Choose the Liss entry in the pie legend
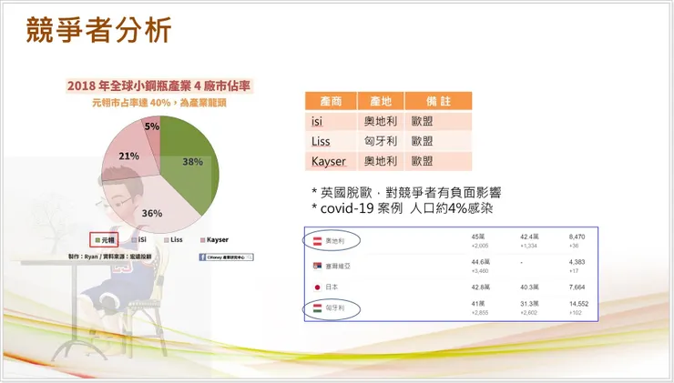click(x=175, y=240)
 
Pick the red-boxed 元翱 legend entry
click(x=106, y=240)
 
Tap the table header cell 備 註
click(x=437, y=101)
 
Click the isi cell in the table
click(x=319, y=121)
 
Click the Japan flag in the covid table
click(x=317, y=287)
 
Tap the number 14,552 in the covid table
click(x=579, y=303)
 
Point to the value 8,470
click(x=577, y=236)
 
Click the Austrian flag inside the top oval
click(x=317, y=240)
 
